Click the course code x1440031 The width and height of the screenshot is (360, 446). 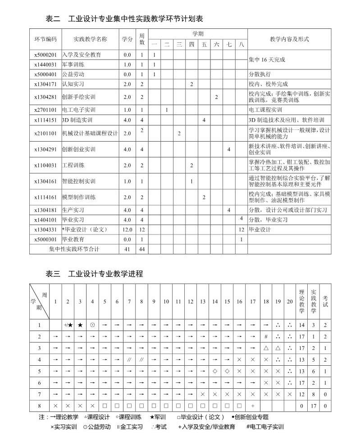(46, 64)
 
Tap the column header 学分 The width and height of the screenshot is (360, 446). (128, 39)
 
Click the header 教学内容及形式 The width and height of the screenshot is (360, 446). (289, 39)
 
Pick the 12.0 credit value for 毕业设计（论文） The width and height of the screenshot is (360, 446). (128, 229)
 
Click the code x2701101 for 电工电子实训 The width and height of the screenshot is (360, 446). (46, 110)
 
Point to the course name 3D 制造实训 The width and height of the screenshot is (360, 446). (77, 120)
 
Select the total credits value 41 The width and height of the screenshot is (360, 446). (128, 249)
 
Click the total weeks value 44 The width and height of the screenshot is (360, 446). (141, 249)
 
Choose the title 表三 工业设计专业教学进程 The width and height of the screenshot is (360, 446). (94, 273)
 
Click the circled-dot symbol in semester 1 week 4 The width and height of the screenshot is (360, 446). (92, 324)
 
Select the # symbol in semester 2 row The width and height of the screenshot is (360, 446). (266, 336)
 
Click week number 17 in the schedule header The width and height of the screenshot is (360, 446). (253, 301)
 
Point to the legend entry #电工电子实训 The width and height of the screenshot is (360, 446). (265, 427)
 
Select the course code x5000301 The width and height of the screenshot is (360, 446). (46, 239)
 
